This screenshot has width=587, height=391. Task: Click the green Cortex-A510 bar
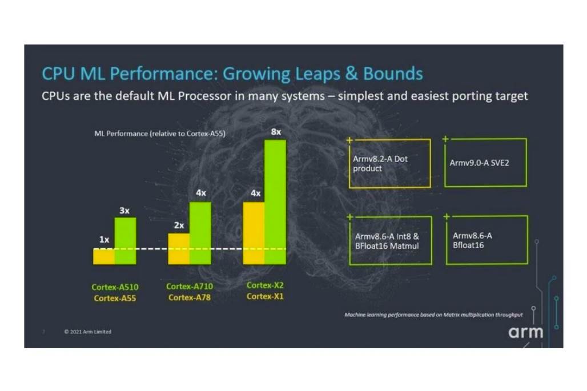pos(126,240)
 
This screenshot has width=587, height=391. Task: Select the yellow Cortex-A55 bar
pos(104,256)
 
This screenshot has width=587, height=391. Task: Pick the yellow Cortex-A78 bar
pos(179,249)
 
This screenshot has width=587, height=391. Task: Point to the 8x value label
pos(276,132)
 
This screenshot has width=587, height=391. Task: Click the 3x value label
pos(124,211)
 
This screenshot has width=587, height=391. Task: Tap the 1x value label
pos(104,240)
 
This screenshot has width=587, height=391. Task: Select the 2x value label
pos(179,225)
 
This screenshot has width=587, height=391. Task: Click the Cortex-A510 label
pos(115,287)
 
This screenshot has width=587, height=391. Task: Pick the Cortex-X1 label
pos(265,296)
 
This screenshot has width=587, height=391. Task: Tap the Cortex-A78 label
pos(190,297)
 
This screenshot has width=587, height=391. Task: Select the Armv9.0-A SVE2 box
pos(485,163)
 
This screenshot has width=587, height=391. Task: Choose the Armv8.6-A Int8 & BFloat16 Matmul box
pos(389,240)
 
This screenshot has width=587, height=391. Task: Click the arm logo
pos(525,332)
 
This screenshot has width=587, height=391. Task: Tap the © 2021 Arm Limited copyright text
pos(87,332)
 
